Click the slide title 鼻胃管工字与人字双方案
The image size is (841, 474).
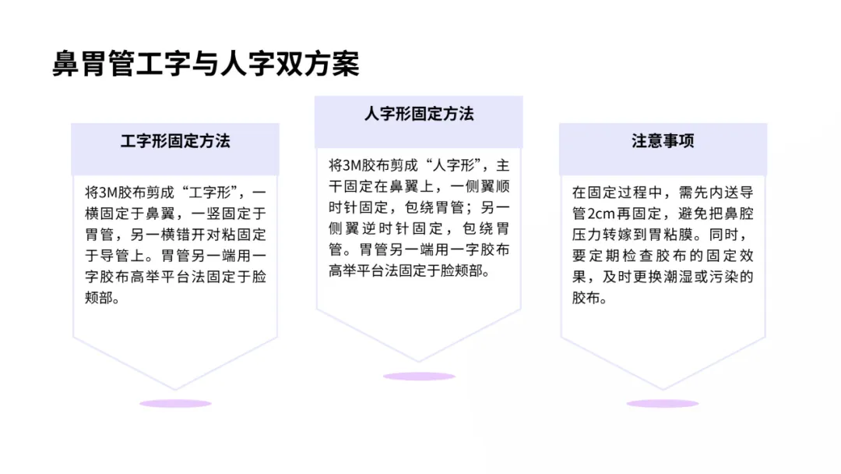point(206,64)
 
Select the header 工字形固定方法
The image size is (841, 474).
point(175,141)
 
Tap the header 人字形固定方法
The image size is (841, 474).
point(418,114)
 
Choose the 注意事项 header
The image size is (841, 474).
point(663,141)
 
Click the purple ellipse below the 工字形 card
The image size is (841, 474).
point(175,403)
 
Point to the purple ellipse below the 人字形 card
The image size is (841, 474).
point(419,377)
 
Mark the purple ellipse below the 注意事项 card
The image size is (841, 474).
point(663,403)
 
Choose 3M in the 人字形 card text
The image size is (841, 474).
point(352,165)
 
